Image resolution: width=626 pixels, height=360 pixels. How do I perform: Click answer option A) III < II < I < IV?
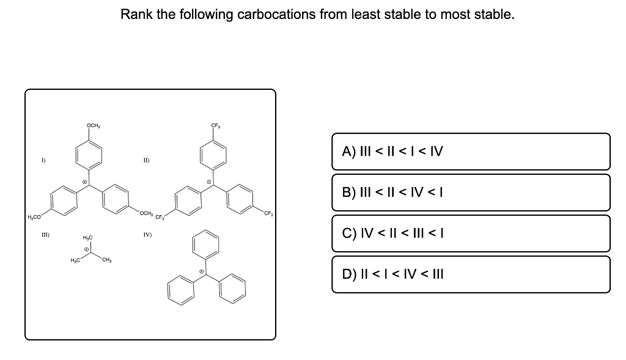471,152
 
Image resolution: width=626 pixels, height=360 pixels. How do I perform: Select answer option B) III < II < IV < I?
471,193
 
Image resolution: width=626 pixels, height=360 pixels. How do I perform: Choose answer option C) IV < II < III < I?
471,233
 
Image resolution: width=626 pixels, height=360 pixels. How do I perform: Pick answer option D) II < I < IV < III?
471,274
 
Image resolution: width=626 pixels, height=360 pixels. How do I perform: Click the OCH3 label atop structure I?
94,126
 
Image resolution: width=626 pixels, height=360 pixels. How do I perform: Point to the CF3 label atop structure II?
216,127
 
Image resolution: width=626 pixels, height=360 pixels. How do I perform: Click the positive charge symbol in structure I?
86,182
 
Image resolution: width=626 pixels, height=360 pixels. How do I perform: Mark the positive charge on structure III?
87,249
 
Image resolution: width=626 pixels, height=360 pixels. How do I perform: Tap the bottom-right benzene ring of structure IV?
234,290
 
